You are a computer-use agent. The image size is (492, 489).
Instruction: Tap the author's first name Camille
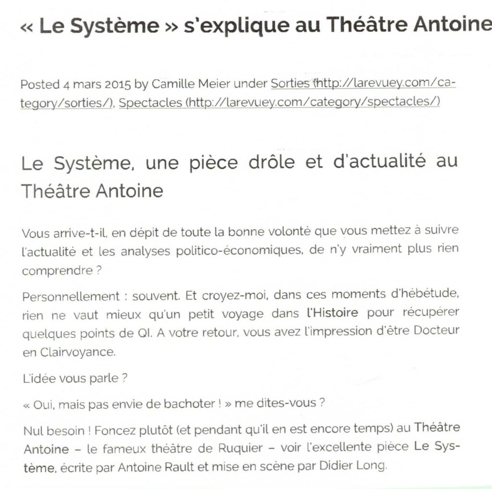tap(171, 85)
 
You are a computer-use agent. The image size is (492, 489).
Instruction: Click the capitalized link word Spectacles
tap(150, 103)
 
